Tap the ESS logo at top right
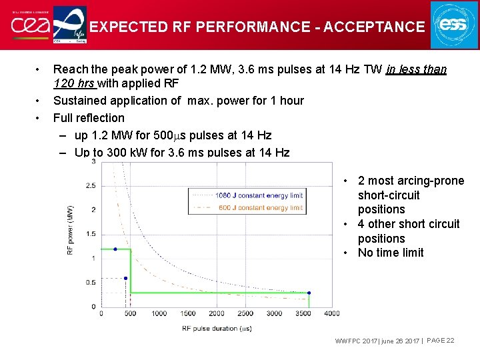pyautogui.click(x=454, y=25)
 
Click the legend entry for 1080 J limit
pyautogui.click(x=259, y=195)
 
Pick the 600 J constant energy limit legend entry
pyautogui.click(x=259, y=207)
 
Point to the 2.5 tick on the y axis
pyautogui.click(x=91, y=185)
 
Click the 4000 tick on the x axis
pyautogui.click(x=331, y=313)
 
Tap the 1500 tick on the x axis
pyautogui.click(x=187, y=313)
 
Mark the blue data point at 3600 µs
pyautogui.click(x=309, y=293)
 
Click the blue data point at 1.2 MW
pyautogui.click(x=115, y=249)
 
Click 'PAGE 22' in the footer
pyautogui.click(x=440, y=341)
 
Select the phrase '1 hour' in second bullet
pyautogui.click(x=285, y=101)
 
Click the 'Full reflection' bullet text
pyautogui.click(x=89, y=118)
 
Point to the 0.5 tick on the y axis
pyautogui.click(x=91, y=283)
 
